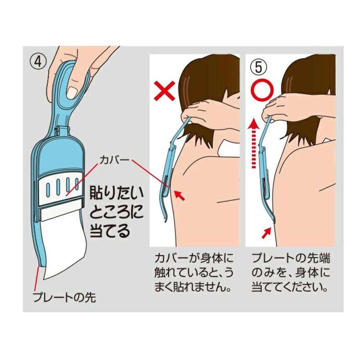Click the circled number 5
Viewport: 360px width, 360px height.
click(258, 66)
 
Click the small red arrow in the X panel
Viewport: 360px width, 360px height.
click(181, 196)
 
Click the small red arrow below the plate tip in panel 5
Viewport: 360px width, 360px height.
click(266, 232)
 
